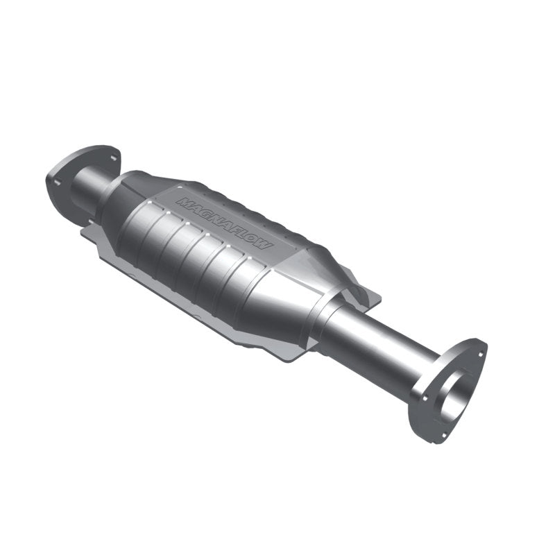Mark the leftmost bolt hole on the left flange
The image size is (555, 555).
57,183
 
